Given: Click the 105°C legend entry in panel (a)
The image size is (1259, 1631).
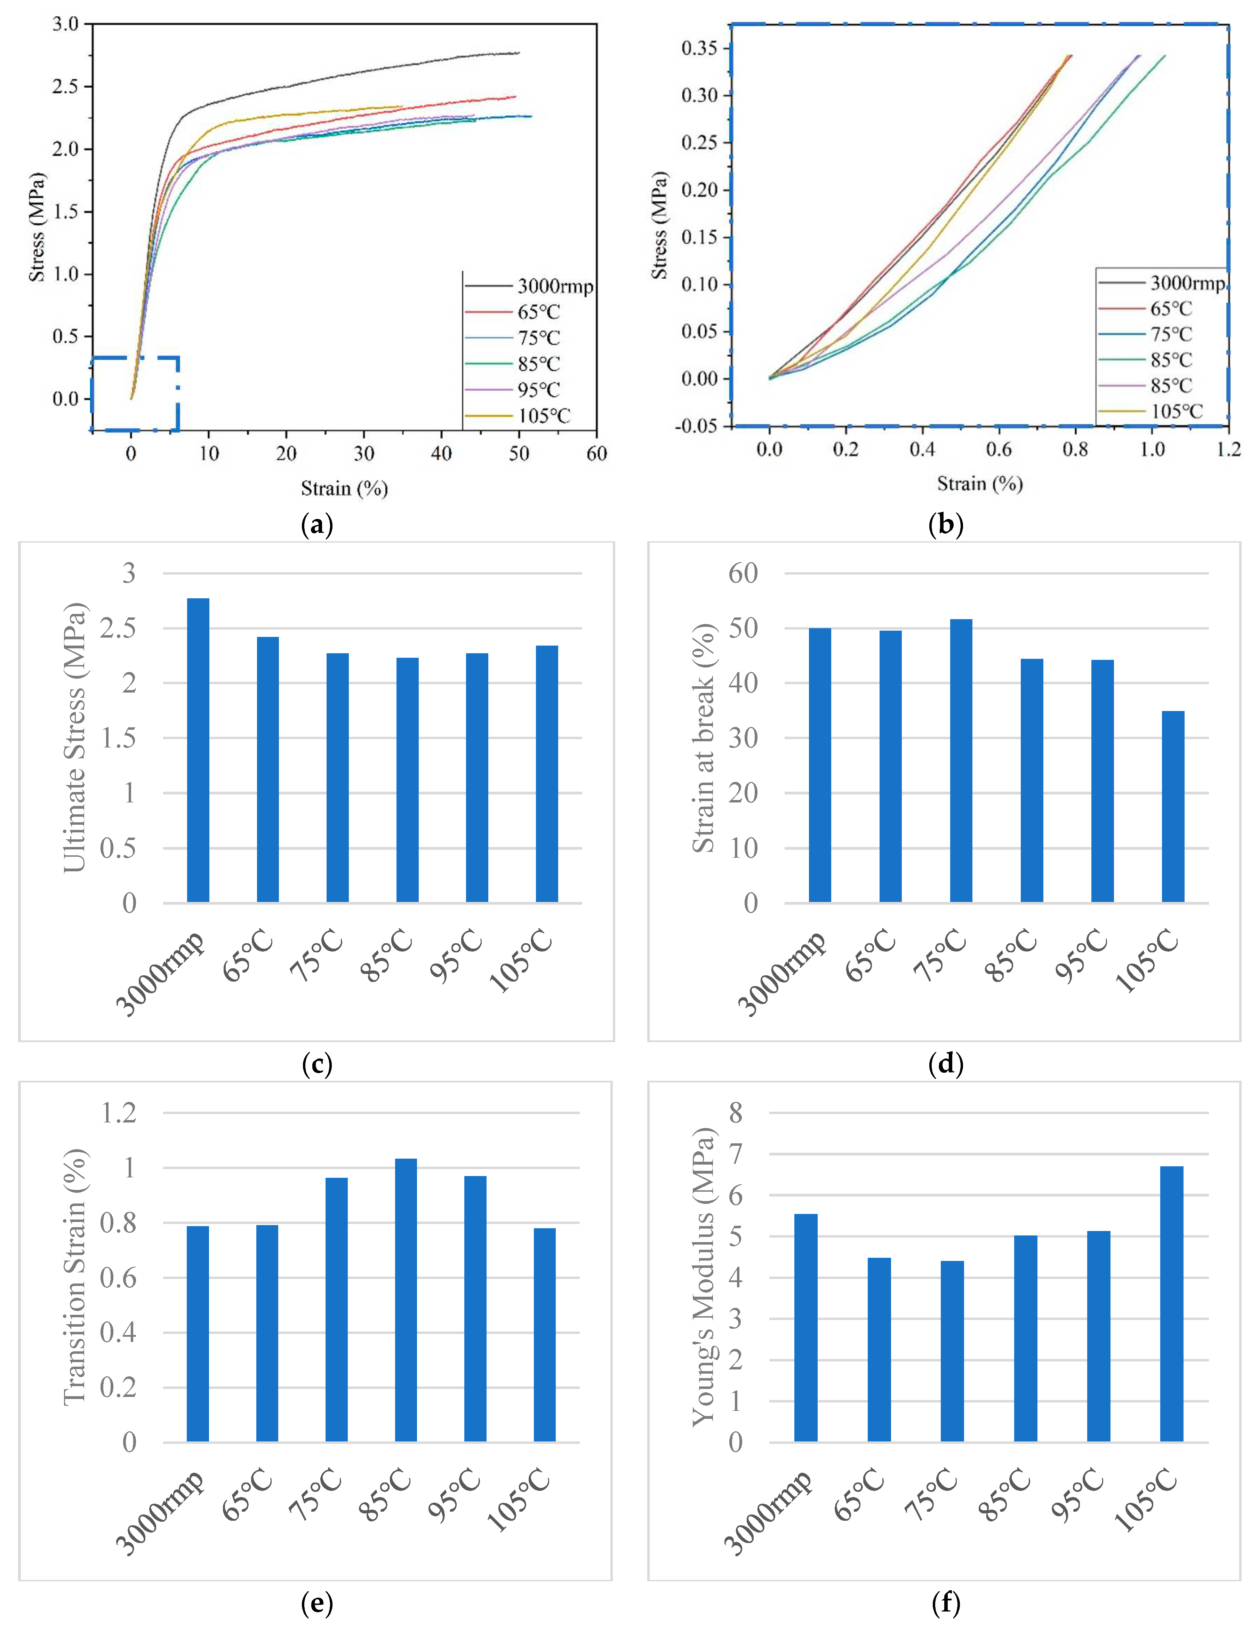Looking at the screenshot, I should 543,416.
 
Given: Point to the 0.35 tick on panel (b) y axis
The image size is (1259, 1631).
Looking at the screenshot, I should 699,49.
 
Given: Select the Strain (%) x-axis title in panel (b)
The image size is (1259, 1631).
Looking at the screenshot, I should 979,484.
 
